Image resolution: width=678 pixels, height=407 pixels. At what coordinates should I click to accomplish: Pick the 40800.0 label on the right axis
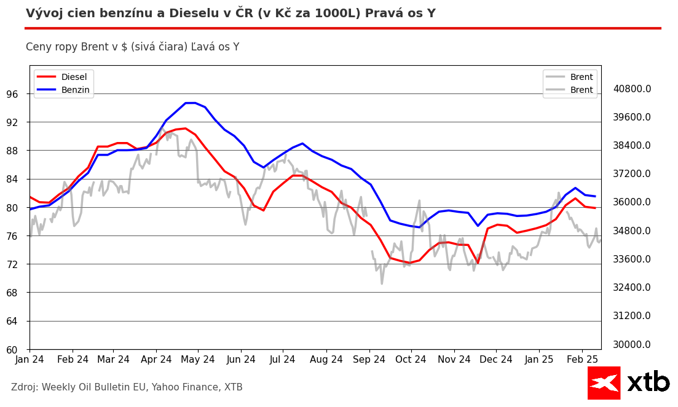[632, 89]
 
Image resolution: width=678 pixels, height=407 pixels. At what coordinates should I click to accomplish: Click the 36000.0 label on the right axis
[632, 202]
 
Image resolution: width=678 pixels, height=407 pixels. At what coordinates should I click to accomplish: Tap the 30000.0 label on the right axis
[632, 344]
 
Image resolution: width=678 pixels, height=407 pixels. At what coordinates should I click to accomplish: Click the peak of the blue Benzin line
[190, 103]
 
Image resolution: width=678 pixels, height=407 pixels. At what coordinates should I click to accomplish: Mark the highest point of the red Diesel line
[185, 128]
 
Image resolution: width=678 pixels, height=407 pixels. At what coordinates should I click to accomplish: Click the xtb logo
[628, 382]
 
